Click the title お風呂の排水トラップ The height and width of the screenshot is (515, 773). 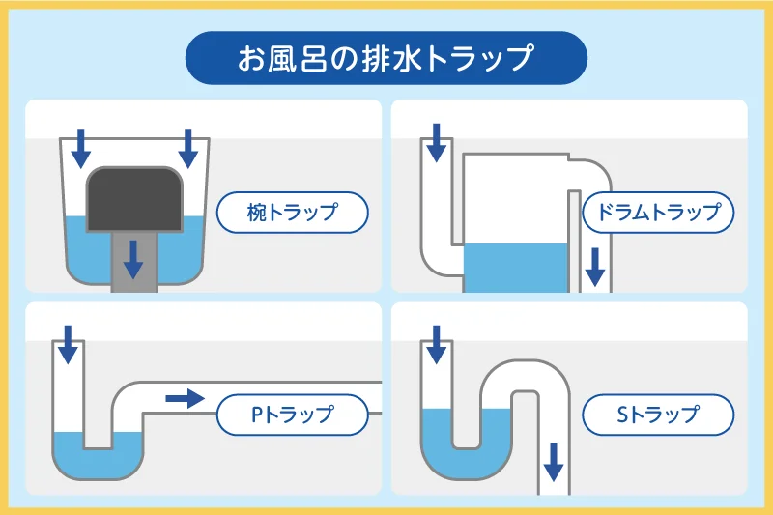point(386,57)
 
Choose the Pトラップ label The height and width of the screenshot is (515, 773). point(293,415)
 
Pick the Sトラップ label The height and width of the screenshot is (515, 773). point(658,415)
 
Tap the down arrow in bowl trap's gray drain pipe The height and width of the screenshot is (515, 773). point(135,258)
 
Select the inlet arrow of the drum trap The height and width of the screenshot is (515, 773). point(437,143)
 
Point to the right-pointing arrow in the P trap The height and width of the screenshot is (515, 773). point(185,397)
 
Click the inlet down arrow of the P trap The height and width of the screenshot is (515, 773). point(68,344)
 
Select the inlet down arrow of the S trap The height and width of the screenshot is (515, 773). point(437,344)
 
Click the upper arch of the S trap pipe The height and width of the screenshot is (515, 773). point(523,376)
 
